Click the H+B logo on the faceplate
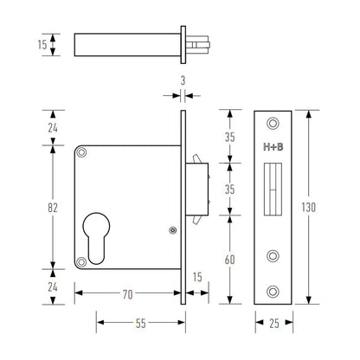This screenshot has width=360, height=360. [273, 148]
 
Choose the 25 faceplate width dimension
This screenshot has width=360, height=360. [273, 322]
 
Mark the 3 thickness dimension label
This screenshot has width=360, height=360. [183, 80]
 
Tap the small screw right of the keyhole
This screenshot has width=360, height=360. [172, 230]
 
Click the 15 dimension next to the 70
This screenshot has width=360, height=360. [197, 277]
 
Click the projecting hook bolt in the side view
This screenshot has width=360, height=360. [200, 181]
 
